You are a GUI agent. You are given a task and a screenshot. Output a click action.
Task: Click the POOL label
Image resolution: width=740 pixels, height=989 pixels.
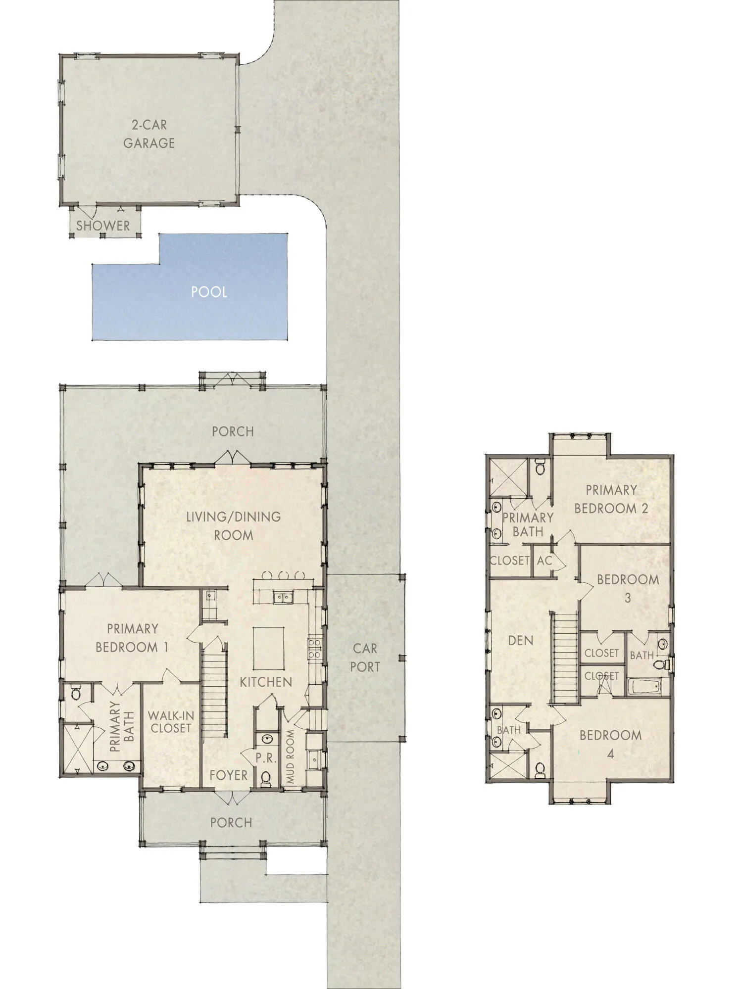209,292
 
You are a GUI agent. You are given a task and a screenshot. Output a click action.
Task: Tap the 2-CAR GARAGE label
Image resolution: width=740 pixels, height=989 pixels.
149,134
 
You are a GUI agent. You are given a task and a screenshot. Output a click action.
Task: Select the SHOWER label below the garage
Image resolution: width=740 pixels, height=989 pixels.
103,226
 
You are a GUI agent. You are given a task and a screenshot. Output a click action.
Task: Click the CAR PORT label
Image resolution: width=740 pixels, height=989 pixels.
365,658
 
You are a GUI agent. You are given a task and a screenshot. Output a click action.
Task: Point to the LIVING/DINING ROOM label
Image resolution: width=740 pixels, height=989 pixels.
233,526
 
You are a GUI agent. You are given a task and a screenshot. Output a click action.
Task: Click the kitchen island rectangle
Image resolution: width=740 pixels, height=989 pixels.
269,648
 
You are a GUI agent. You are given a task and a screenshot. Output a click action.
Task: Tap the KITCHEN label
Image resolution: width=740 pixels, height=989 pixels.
266,682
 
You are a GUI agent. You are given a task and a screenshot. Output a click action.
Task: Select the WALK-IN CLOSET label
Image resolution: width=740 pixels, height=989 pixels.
171,722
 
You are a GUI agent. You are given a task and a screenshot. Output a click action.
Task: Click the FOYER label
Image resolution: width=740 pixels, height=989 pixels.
228,775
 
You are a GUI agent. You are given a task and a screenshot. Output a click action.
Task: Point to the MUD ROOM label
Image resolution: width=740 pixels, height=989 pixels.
290,756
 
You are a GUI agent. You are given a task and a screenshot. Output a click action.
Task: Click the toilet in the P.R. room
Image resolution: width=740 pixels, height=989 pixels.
266,778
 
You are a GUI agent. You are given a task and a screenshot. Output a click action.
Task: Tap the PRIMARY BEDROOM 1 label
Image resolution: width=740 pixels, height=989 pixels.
132,638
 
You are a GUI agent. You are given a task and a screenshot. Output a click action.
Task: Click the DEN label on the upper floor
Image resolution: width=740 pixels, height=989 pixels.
521,641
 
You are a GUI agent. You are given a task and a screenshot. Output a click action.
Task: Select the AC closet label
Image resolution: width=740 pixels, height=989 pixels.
544,561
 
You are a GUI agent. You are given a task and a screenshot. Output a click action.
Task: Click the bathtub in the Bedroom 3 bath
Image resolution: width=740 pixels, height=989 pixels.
644,687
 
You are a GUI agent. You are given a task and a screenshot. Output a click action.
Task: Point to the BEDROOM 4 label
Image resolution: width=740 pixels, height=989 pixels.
610,744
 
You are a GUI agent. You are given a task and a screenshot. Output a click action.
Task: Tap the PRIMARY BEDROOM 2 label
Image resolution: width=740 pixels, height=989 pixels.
611,499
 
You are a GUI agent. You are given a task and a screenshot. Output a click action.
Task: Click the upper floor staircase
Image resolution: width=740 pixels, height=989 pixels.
565,656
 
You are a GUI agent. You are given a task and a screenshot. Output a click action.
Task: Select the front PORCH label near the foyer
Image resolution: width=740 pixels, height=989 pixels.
231,823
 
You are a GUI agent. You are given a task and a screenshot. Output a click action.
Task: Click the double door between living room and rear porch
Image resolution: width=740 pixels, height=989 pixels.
233,457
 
